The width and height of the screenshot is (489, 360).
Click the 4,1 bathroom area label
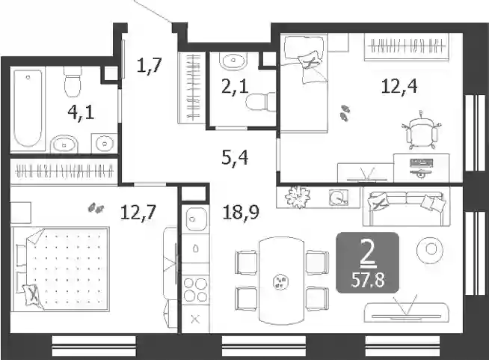81,113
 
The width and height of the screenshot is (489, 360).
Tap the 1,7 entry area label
149,65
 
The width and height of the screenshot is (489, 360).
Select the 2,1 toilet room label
235,87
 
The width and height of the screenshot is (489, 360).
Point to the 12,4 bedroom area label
399,86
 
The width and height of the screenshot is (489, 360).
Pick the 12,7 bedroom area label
138,213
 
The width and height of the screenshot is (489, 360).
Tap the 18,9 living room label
241,213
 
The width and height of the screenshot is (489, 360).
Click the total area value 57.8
368,281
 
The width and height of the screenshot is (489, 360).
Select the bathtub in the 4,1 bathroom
28,108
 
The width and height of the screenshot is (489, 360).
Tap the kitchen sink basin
196,219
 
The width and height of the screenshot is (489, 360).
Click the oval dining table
281,281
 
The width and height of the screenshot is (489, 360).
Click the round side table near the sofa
431,250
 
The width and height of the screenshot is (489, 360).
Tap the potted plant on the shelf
298,197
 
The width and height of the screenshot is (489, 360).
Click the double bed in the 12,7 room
61,269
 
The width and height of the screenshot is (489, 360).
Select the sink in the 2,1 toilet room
233,61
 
